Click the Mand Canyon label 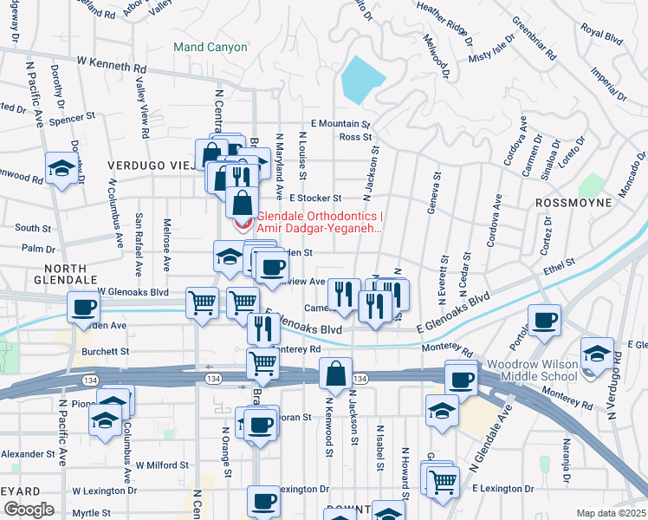click(210, 47)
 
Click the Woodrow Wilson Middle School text click(532, 370)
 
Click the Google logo click(28, 510)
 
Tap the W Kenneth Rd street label click(112, 63)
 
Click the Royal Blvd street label click(602, 35)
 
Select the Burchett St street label click(106, 352)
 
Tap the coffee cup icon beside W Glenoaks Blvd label click(85, 307)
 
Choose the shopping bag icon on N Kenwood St click(335, 374)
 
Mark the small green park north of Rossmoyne click(592, 185)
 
